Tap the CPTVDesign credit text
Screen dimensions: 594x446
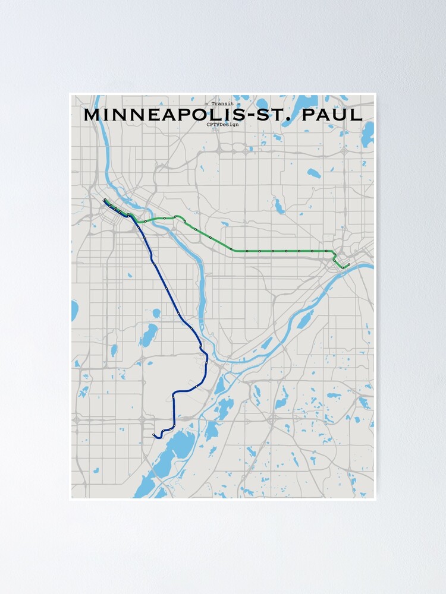point(223,125)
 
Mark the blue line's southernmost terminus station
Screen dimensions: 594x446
point(154,435)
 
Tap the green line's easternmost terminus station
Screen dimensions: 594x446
point(348,264)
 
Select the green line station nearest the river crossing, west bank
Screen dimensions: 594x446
point(145,221)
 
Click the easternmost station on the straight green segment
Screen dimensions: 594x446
point(325,251)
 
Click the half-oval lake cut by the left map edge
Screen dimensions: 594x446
point(74,310)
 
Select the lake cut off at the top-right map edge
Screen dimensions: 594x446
point(368,134)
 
